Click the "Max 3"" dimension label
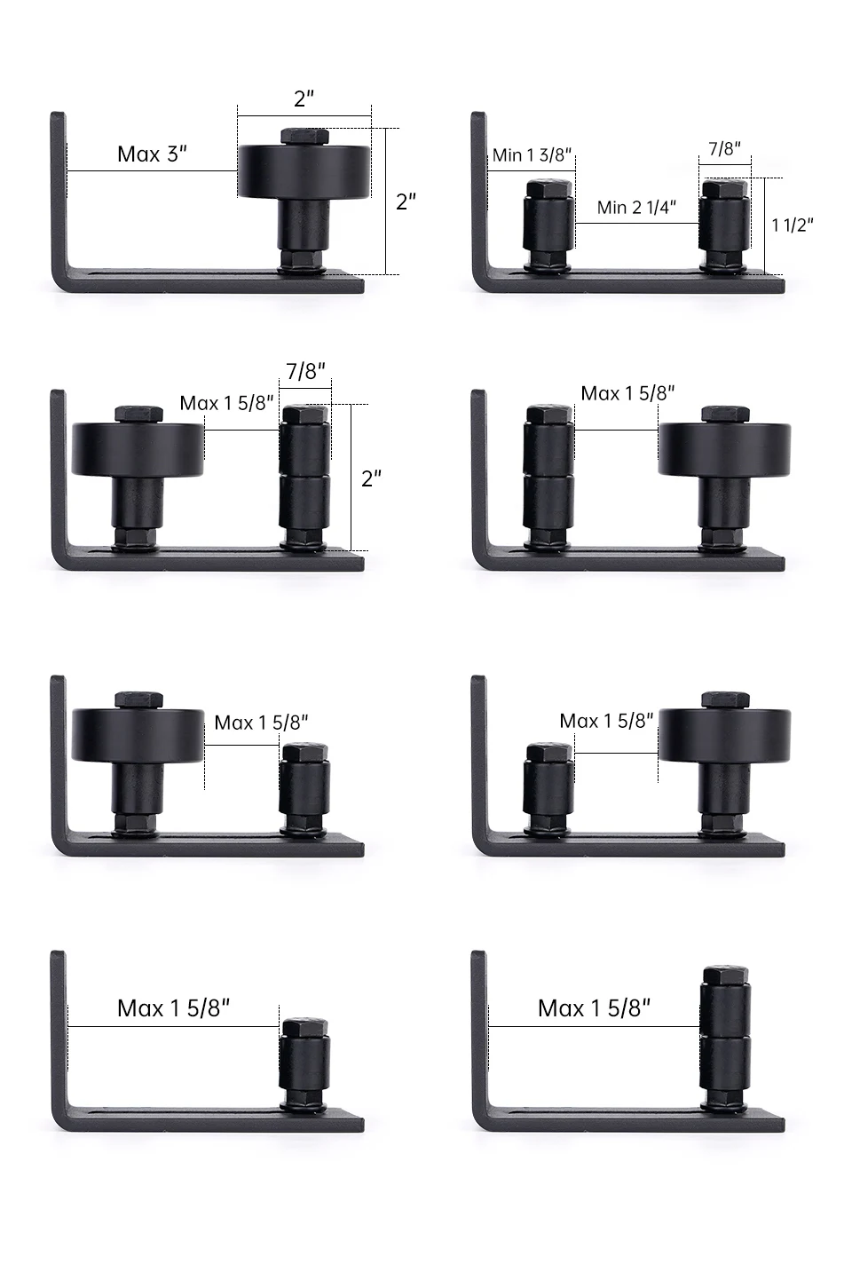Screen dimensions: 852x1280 pyautogui.click(x=152, y=154)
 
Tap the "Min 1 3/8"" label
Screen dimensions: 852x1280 pyautogui.click(x=532, y=154)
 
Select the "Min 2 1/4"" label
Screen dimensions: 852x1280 pyautogui.click(x=636, y=207)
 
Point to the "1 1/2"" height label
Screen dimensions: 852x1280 pyautogui.click(x=793, y=225)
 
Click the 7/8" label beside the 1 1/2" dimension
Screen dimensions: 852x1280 pyautogui.click(x=724, y=148)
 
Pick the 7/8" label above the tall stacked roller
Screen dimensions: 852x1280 pyautogui.click(x=305, y=371)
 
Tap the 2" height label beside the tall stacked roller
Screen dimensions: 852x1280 pyautogui.click(x=372, y=478)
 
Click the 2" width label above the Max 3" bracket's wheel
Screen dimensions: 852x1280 pyautogui.click(x=304, y=99)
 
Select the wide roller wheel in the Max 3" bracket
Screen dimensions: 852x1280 pyautogui.click(x=304, y=172)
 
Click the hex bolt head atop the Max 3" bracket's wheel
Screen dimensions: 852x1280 pyautogui.click(x=304, y=136)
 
